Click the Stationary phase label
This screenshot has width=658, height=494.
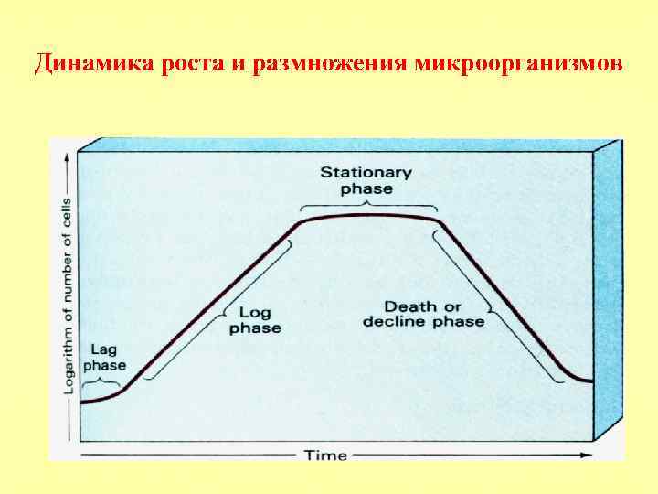click(366, 180)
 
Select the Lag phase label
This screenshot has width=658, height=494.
click(104, 358)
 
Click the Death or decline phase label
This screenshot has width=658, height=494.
click(423, 314)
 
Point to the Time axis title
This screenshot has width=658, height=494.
click(325, 455)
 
